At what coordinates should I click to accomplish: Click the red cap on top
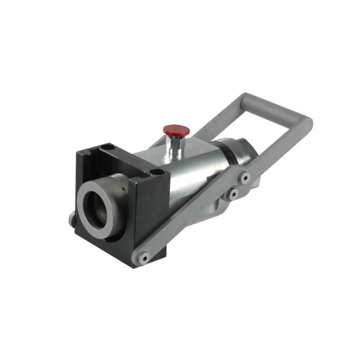176,130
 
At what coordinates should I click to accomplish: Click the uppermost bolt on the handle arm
244,176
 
